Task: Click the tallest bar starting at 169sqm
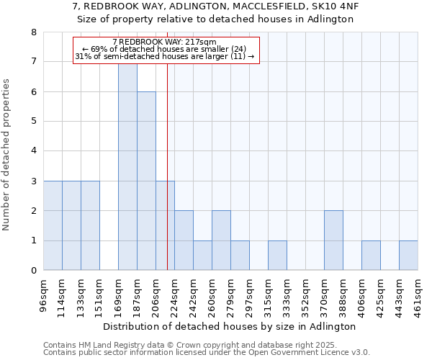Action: coord(127,166)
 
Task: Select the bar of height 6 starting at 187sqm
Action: coord(146,181)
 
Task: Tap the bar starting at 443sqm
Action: coord(408,256)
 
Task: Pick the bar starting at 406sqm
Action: coord(371,256)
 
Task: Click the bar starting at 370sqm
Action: coord(333,240)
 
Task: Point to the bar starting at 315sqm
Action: coord(277,256)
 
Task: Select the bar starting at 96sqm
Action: coord(53,225)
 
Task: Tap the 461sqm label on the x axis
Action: coord(418,295)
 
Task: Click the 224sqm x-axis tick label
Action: coord(175,295)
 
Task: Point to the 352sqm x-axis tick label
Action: coord(306,295)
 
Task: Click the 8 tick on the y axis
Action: coord(34,32)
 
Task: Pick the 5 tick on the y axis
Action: coord(34,122)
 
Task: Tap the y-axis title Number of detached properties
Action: coord(7,155)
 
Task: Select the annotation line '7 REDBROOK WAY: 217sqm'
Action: coord(165,42)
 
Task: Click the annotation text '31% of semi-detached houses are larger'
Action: coord(165,56)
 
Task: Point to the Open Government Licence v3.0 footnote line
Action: coord(207,353)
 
